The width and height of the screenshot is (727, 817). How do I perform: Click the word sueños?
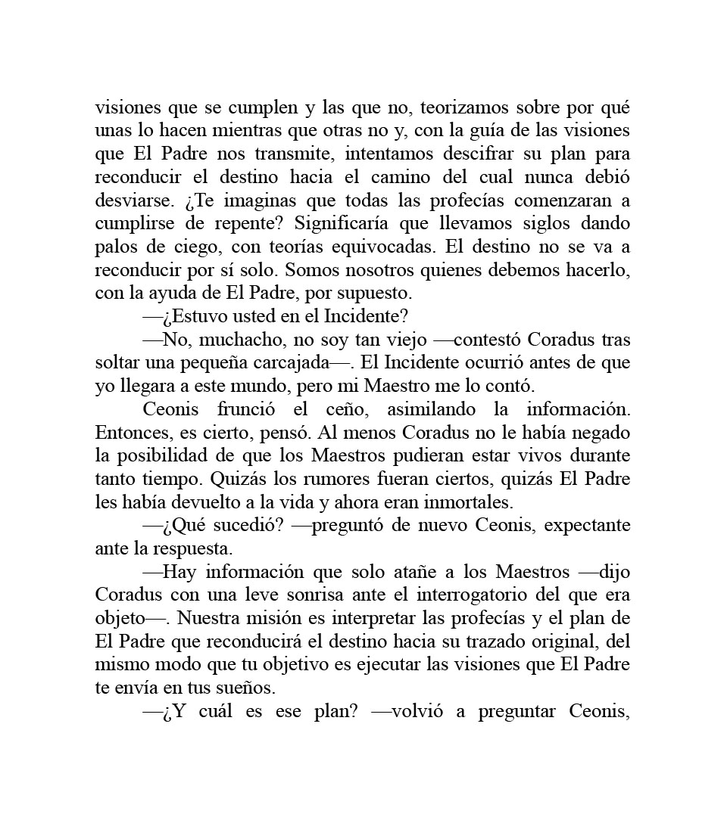(x=245, y=688)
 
